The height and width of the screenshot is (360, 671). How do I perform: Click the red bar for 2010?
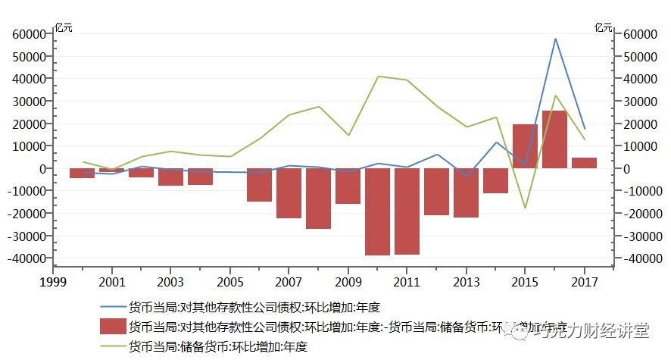[378, 211]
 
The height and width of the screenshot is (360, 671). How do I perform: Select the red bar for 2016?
[555, 139]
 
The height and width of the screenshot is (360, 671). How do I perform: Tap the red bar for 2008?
[318, 198]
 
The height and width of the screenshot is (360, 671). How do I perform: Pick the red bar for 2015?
[525, 146]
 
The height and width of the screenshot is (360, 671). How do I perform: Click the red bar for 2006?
[259, 184]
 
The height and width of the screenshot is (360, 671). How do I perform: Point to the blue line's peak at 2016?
[555, 39]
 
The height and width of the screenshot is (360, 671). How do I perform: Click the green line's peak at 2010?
[378, 76]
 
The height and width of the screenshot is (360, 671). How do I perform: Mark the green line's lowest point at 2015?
[525, 208]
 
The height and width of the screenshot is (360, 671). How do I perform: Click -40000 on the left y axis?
[27, 258]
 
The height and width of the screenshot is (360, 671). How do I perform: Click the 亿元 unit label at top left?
[64, 28]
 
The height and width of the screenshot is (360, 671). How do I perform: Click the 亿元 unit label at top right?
[604, 28]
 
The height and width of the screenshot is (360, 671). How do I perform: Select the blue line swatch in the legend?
[113, 308]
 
